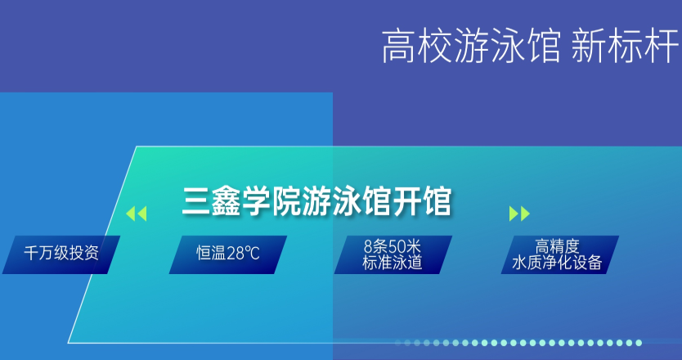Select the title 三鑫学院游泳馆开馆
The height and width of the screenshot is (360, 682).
click(317, 201)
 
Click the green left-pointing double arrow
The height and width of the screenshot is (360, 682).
click(137, 214)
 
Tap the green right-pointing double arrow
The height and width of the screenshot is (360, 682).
click(518, 214)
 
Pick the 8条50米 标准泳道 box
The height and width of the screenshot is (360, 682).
click(393, 254)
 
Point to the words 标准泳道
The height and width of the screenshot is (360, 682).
click(393, 263)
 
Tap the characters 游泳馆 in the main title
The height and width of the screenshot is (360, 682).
click(343, 201)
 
